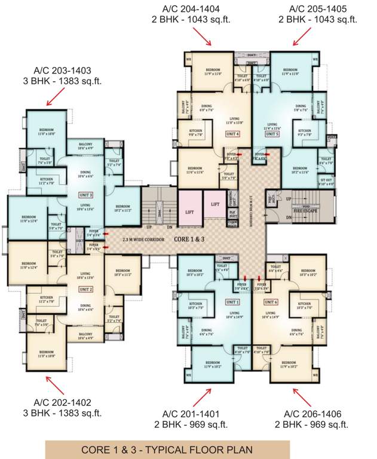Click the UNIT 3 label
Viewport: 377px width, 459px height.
[x=86, y=195]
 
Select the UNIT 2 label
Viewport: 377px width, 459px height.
[x=86, y=289]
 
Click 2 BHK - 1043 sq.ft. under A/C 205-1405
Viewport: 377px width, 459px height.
[x=317, y=19]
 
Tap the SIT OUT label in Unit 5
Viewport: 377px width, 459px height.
[x=326, y=182]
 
